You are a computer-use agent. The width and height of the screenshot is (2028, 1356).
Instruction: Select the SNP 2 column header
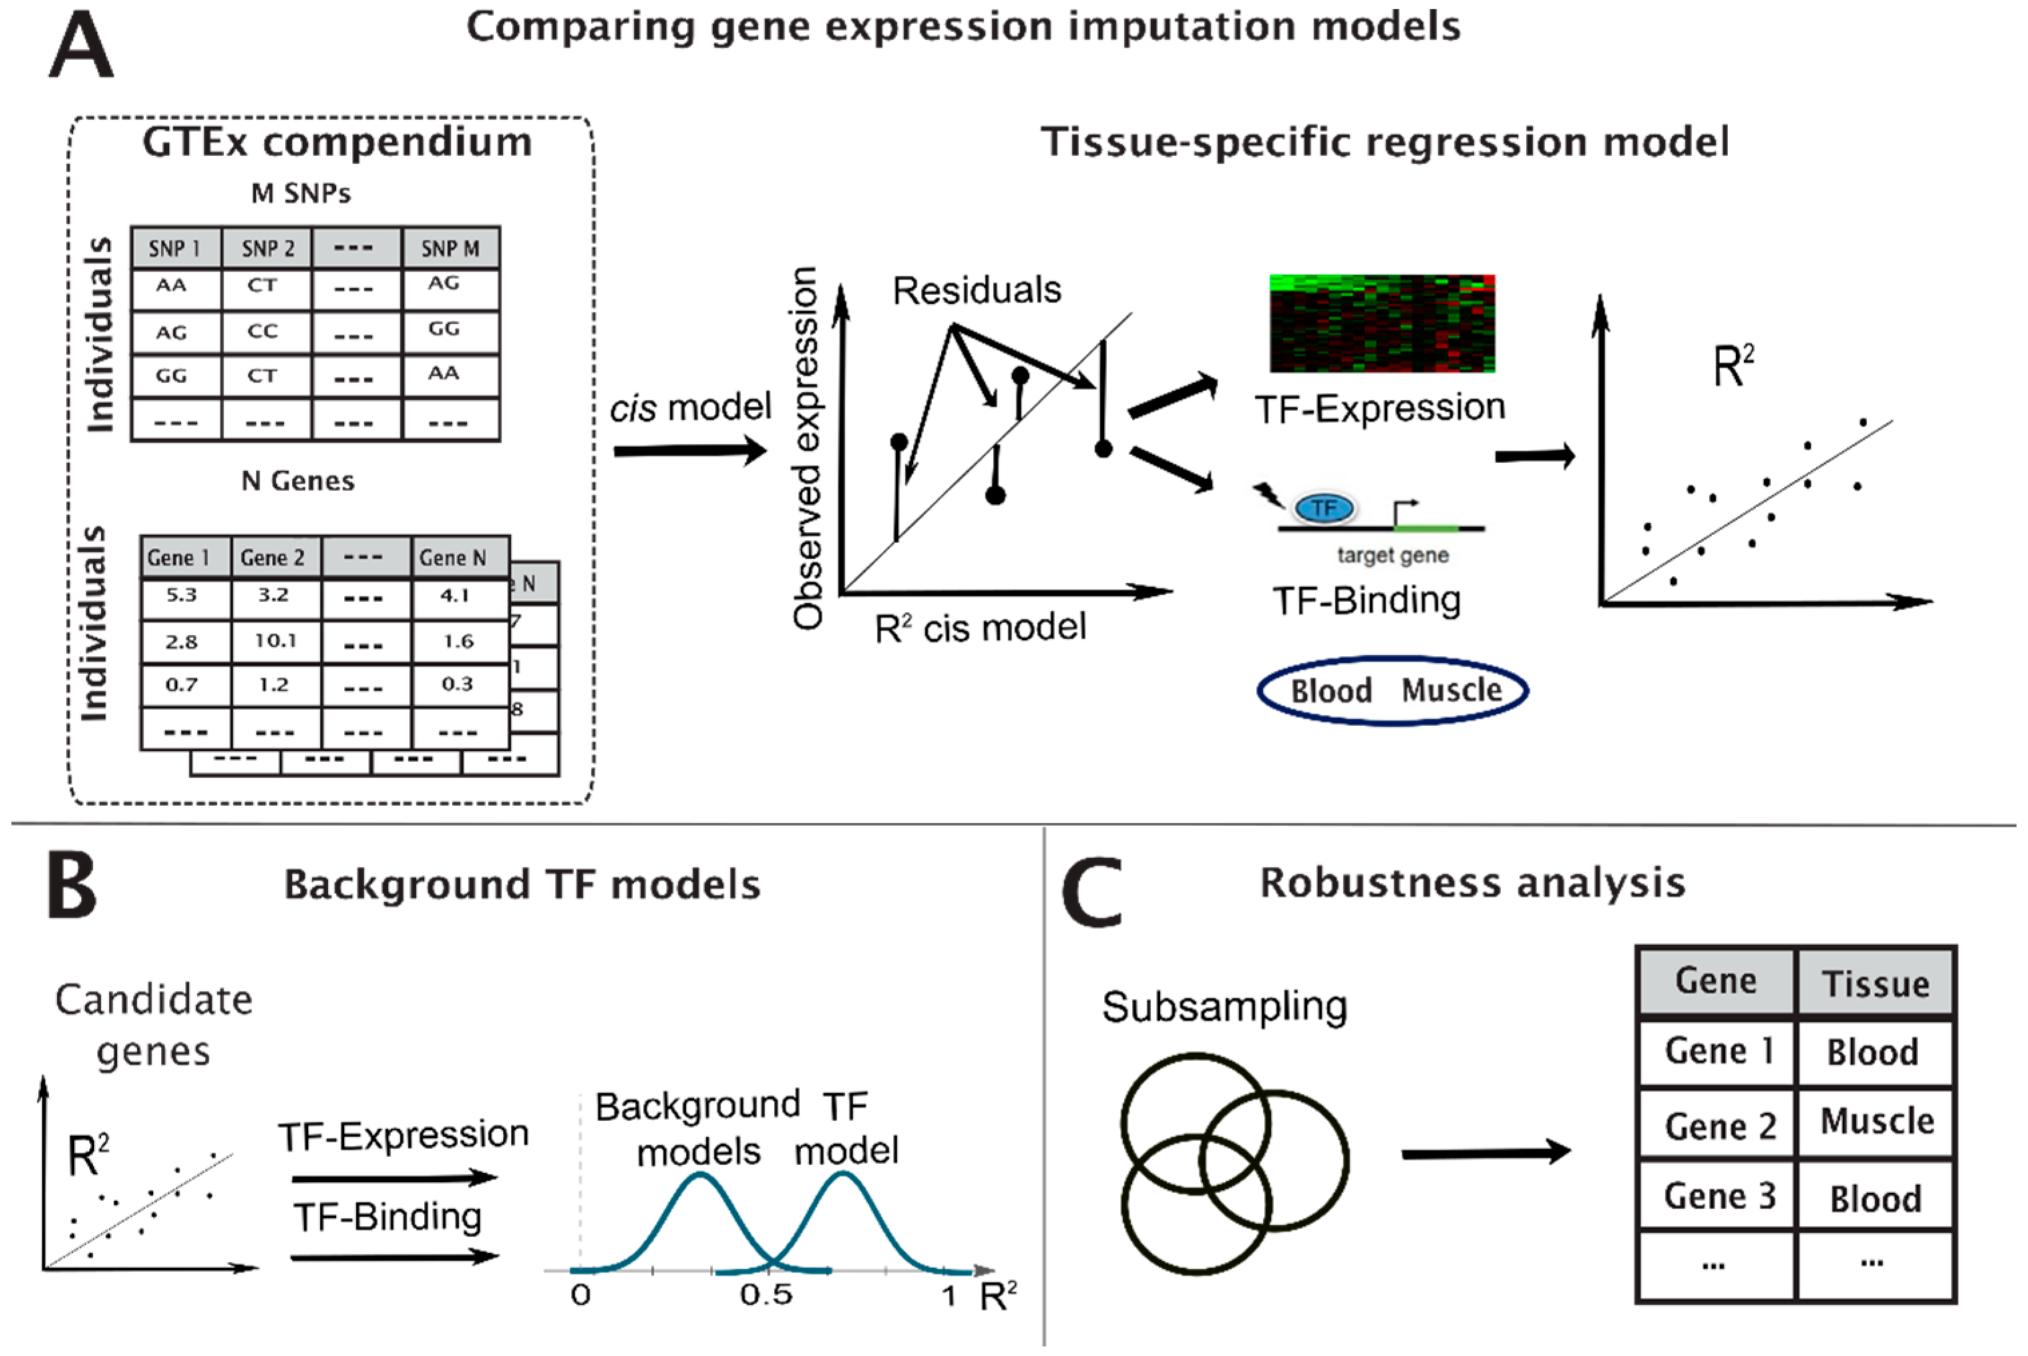[267, 249]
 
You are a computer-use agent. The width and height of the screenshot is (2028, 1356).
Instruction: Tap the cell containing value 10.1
[275, 641]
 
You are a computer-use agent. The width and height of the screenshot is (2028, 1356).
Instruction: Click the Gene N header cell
[453, 558]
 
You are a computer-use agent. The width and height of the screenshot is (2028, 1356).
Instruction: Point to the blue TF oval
[1324, 508]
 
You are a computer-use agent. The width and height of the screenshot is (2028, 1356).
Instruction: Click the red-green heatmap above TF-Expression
[1382, 324]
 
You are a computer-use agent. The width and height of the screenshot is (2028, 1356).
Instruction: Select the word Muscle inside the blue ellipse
[1451, 690]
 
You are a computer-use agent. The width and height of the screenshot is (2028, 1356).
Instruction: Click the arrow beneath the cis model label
[690, 450]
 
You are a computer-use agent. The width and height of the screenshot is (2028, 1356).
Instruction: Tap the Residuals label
[976, 290]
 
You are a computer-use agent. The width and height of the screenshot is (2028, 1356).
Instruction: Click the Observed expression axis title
[807, 447]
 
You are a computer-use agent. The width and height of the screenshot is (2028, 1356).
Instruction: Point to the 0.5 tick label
[766, 1295]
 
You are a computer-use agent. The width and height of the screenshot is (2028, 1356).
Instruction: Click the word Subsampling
[1223, 1006]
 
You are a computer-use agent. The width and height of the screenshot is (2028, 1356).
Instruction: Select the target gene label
[1392, 555]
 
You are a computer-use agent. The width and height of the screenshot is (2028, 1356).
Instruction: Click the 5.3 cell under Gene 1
[182, 595]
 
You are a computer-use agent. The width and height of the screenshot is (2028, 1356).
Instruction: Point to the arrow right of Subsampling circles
[1484, 1152]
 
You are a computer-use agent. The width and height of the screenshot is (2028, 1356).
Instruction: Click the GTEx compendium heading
[337, 143]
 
